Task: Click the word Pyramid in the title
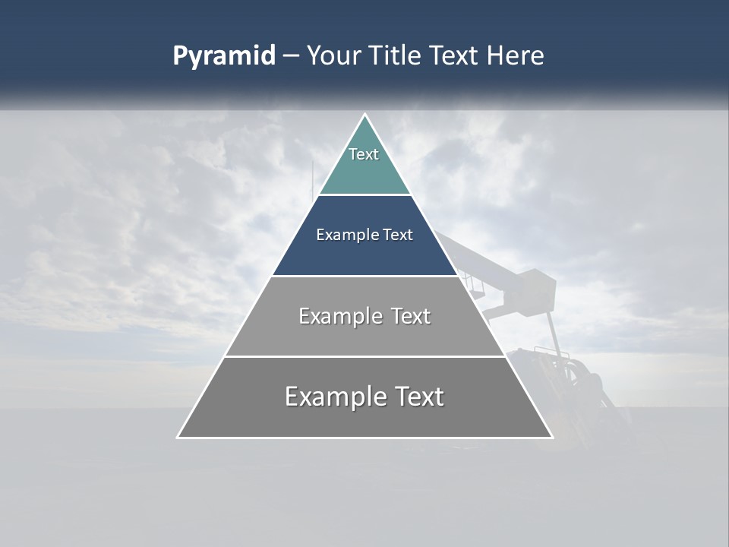tap(223, 56)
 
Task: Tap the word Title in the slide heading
tap(396, 55)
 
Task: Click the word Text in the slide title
tap(454, 55)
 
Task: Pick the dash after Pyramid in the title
tap(290, 56)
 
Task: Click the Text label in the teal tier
tap(364, 154)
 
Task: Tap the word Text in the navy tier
tap(398, 235)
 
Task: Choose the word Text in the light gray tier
tap(411, 316)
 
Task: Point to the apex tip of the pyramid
tap(364, 115)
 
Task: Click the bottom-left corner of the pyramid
tap(178, 437)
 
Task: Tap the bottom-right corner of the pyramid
tap(551, 437)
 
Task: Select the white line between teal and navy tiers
tap(364, 194)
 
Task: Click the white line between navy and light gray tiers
tap(364, 276)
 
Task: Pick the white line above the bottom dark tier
tap(364, 356)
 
